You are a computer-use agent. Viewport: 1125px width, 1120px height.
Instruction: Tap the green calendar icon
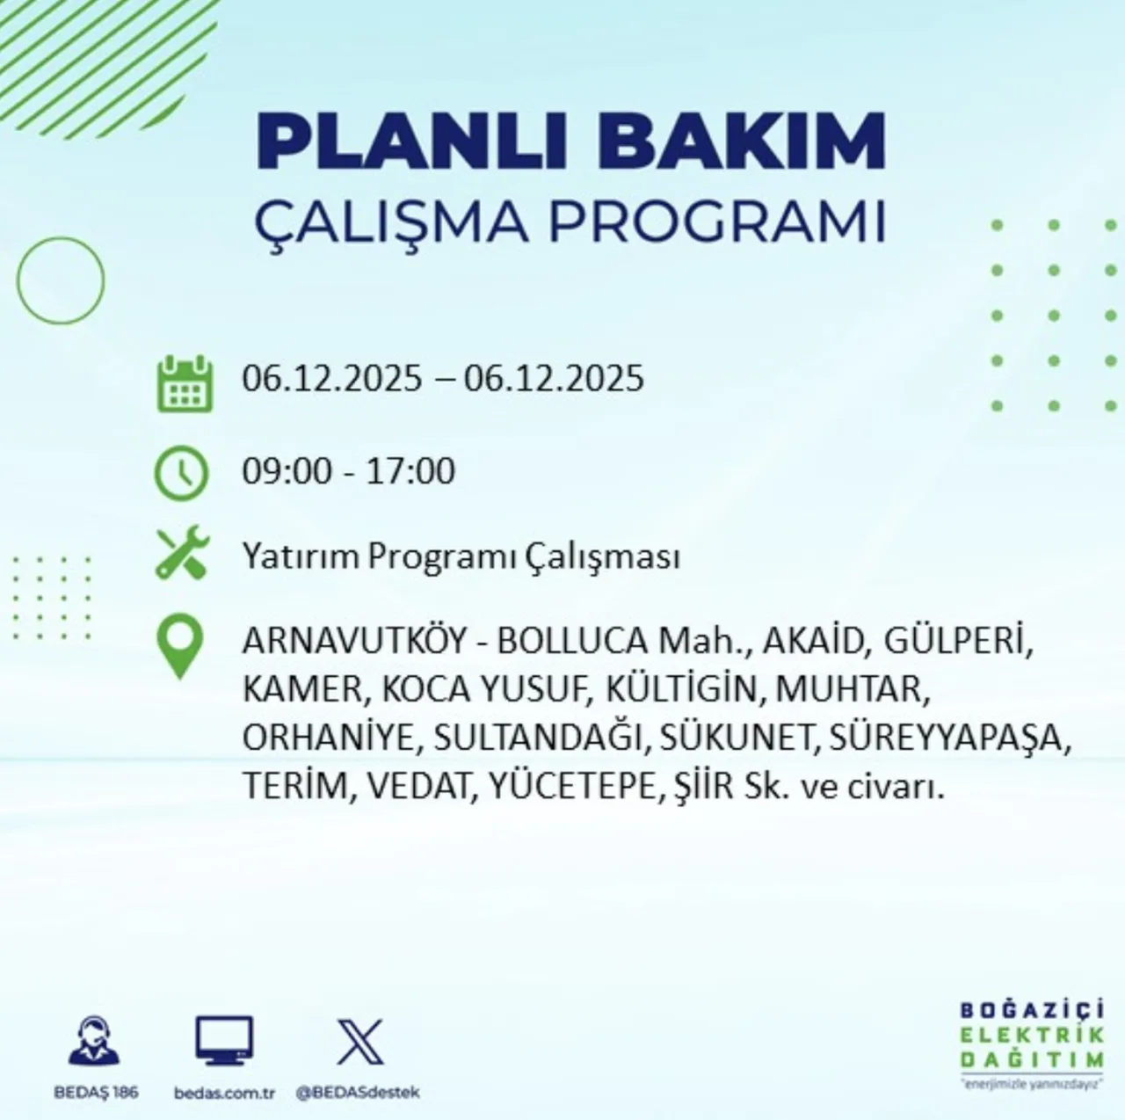pyautogui.click(x=185, y=382)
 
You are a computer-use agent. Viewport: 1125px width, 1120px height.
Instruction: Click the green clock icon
pyautogui.click(x=182, y=473)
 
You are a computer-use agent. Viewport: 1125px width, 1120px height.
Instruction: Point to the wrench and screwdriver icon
pyautogui.click(x=182, y=553)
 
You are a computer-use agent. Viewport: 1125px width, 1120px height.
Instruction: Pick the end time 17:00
pyautogui.click(x=411, y=471)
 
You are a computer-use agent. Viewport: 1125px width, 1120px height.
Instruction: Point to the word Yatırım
pyautogui.click(x=300, y=557)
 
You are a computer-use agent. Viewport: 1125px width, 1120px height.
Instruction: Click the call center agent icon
pyautogui.click(x=95, y=1041)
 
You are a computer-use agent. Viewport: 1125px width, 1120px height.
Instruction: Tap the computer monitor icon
pyautogui.click(x=224, y=1041)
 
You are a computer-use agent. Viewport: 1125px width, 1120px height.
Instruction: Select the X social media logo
pyautogui.click(x=360, y=1041)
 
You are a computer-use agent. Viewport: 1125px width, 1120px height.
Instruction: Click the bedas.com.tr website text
pyautogui.click(x=225, y=1093)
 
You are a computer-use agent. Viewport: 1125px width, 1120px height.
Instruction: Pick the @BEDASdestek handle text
pyautogui.click(x=358, y=1093)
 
